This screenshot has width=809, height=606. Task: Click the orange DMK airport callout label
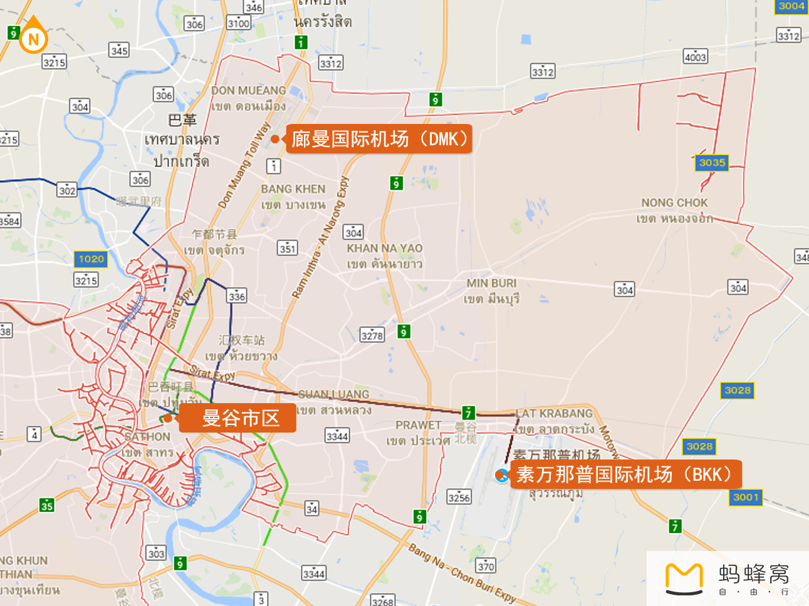(x=379, y=139)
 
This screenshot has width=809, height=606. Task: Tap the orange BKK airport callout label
(x=625, y=475)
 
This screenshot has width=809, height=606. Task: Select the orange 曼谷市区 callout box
(x=238, y=418)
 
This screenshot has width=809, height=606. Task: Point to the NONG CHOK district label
(x=674, y=203)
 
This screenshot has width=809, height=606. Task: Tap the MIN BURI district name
(x=491, y=284)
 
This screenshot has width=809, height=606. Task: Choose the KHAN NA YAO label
(x=385, y=249)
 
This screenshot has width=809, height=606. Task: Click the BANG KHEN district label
(x=293, y=189)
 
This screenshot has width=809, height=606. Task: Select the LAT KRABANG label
(x=554, y=413)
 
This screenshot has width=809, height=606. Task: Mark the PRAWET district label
(x=419, y=425)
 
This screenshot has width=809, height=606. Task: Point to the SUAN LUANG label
(x=334, y=394)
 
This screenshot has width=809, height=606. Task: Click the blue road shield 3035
(x=712, y=163)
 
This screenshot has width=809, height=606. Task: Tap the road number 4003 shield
(x=695, y=57)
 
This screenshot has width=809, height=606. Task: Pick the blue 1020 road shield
(x=91, y=259)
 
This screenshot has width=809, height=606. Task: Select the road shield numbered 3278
(x=372, y=335)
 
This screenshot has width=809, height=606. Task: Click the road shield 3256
(x=459, y=497)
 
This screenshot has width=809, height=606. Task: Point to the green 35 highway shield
(x=47, y=505)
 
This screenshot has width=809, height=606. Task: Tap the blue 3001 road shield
(x=746, y=497)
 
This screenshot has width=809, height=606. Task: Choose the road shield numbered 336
(x=237, y=295)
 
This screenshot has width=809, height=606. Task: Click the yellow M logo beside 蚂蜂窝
(x=684, y=578)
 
